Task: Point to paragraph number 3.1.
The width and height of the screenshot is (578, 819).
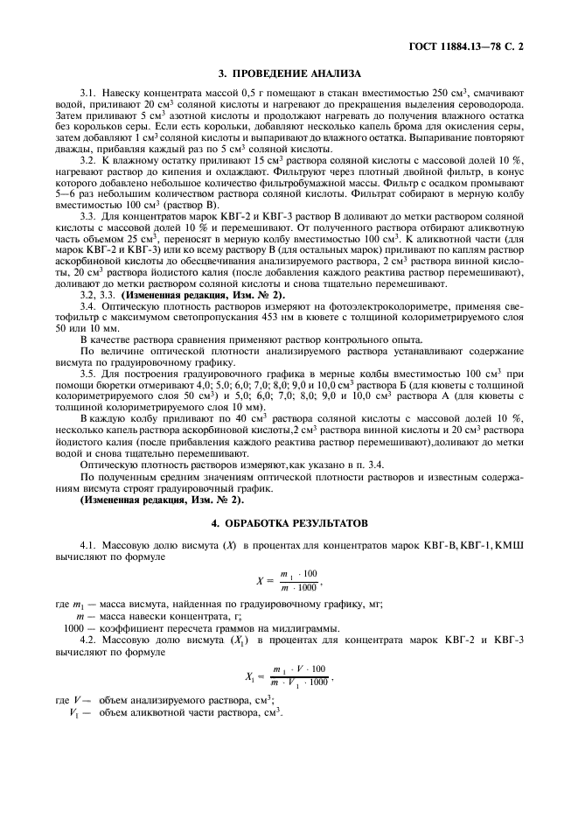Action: click(x=88, y=93)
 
